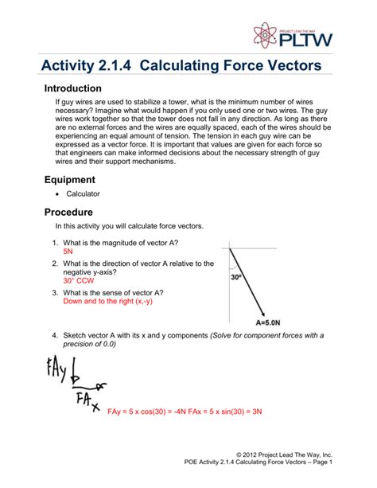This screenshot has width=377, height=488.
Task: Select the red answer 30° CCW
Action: pyautogui.click(x=78, y=281)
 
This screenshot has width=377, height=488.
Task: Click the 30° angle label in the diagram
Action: pyautogui.click(x=237, y=278)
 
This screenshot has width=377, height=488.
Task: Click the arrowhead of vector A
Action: pyautogui.click(x=266, y=313)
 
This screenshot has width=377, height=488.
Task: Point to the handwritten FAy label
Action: pyautogui.click(x=47, y=369)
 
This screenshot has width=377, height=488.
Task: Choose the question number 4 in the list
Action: pyautogui.click(x=55, y=335)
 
